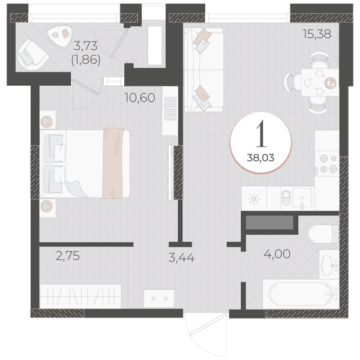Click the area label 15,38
coord(317,34)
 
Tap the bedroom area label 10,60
coord(140,98)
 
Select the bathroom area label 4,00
coord(277,254)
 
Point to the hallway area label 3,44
coord(181,257)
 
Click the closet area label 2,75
coord(68,256)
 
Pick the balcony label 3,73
coord(86,46)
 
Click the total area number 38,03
coord(260,158)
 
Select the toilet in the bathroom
coord(323,234)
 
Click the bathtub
coord(301,295)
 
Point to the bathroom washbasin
coord(329,265)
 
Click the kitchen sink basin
coord(302,198)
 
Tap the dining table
coord(320,82)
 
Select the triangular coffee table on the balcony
coord(59,35)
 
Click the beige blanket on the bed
coord(113,163)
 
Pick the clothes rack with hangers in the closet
coord(80,296)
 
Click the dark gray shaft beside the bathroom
coord(269,222)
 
